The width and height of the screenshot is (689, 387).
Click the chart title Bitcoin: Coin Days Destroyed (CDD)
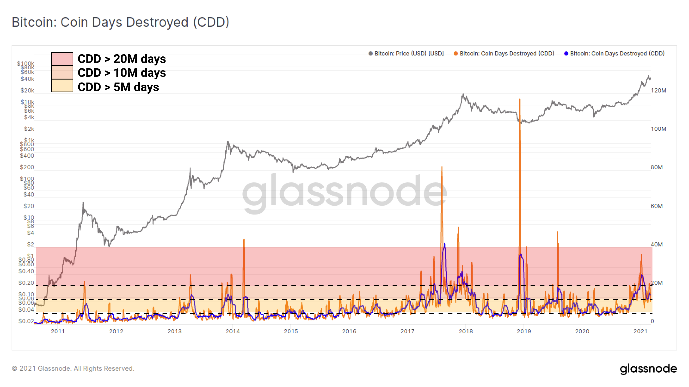pos(120,22)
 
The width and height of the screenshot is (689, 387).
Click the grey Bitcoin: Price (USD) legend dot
pos(370,53)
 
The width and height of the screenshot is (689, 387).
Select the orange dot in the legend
pos(455,53)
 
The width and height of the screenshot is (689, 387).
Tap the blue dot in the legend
pos(566,53)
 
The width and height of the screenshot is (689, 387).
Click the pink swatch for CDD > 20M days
pos(62,59)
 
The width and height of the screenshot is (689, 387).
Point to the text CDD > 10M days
pos(122,73)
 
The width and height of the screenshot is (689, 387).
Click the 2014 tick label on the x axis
pos(232,331)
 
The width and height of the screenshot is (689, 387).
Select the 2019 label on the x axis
pos(524,331)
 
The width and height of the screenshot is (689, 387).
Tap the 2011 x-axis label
pos(58,331)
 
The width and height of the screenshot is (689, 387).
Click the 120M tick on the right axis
pos(658,91)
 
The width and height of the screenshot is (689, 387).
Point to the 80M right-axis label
pos(657,167)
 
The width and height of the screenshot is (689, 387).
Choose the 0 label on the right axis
pos(652,321)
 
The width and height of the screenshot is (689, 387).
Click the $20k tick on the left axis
pos(27,91)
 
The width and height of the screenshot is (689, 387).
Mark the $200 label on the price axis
pos(27,167)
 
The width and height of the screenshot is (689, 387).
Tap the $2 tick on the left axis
pos(31,244)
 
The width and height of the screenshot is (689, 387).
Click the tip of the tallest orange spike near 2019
pos(520,99)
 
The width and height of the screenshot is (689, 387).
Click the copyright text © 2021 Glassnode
pos(73,369)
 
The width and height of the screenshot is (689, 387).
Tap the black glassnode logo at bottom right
pos(648,369)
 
